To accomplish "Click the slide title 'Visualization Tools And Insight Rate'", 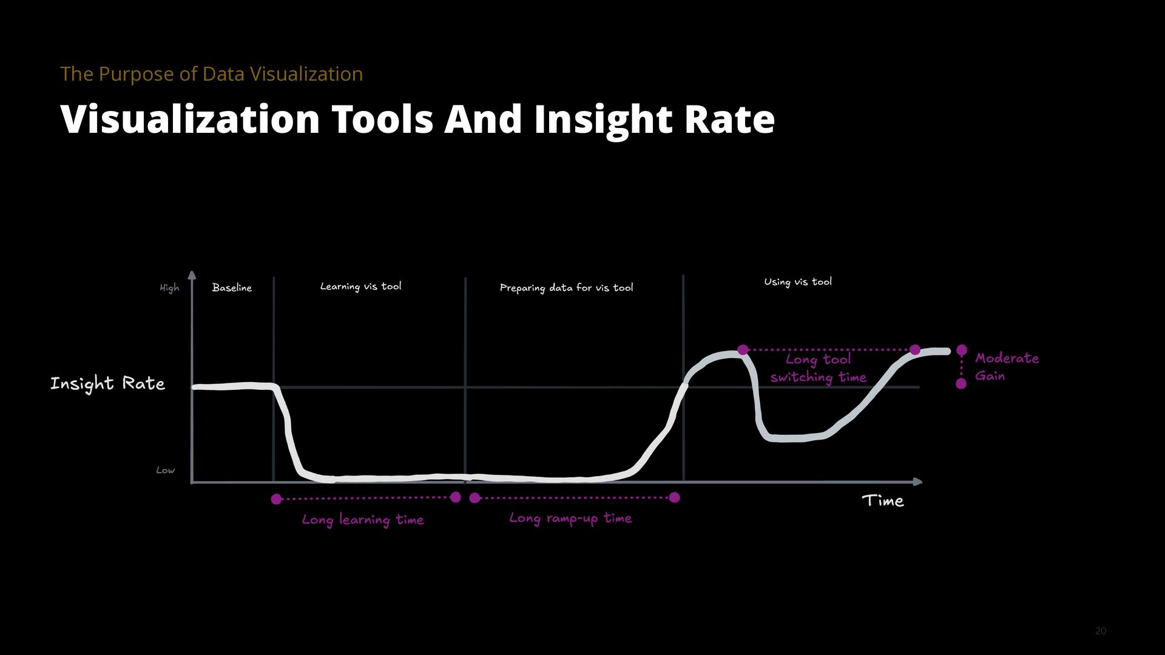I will pos(417,119).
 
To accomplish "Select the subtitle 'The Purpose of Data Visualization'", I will pos(212,74).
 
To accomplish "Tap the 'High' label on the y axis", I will pos(169,288).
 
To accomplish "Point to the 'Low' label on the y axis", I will pos(165,470).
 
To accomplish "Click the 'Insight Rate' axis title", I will pos(107,383).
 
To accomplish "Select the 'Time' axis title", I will pos(883,501).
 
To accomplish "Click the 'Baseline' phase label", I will pos(232,287).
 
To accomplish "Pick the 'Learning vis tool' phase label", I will pos(360,286).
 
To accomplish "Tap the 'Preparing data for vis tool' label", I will pos(566,287).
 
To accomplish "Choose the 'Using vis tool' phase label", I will pos(798,281).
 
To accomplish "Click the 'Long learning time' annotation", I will pos(363,520).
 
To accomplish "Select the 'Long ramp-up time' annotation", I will pos(570,518).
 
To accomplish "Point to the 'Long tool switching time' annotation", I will pos(818,368).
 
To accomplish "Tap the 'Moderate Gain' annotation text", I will pos(1006,366).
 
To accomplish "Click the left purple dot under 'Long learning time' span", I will pos(276,499).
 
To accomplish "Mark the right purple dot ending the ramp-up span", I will pos(674,497).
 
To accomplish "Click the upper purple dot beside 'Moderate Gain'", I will pos(962,350).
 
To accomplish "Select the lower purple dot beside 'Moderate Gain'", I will pos(961,383).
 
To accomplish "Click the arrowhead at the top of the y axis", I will pos(192,275).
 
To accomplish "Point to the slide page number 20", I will pos(1101,631).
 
